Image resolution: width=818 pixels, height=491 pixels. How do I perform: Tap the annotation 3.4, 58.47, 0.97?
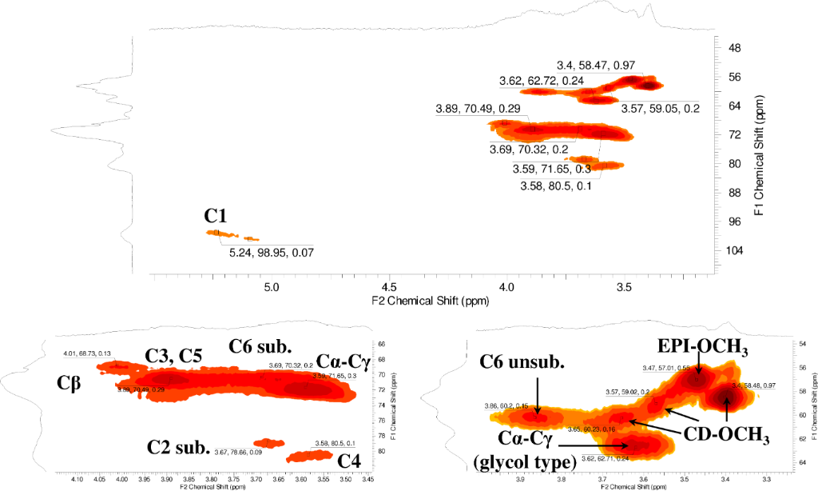tap(600, 64)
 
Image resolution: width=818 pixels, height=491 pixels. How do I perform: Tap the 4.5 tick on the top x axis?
tap(389, 285)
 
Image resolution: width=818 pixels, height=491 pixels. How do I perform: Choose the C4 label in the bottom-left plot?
tap(349, 461)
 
